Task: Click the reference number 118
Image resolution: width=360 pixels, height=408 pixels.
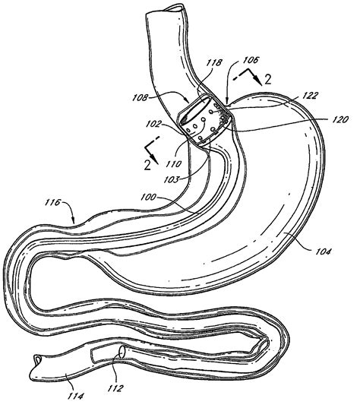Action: click(215, 63)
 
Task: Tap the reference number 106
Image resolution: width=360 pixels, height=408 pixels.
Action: click(251, 60)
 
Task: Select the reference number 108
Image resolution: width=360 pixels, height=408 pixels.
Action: click(141, 98)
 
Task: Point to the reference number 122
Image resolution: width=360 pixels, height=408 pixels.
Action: click(311, 95)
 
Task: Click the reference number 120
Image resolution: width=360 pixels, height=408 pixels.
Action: click(340, 119)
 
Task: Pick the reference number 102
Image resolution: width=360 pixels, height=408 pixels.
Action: click(153, 124)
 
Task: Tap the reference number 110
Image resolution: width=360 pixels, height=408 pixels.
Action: click(173, 163)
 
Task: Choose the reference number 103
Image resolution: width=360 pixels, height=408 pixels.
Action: click(172, 179)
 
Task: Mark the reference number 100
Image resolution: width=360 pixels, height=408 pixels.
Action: click(148, 197)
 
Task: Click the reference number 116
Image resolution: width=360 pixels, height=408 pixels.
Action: click(53, 202)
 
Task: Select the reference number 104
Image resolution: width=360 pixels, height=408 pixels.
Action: click(323, 251)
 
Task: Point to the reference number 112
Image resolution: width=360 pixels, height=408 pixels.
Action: click(115, 388)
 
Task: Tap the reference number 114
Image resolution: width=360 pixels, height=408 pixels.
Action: click(76, 397)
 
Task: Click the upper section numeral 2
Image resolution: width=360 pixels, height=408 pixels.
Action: click(267, 79)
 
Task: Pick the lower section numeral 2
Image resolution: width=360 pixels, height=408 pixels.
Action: click(147, 165)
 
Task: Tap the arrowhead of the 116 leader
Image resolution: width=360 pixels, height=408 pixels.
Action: click(74, 221)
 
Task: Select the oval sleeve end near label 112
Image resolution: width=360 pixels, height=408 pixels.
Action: click(122, 352)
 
